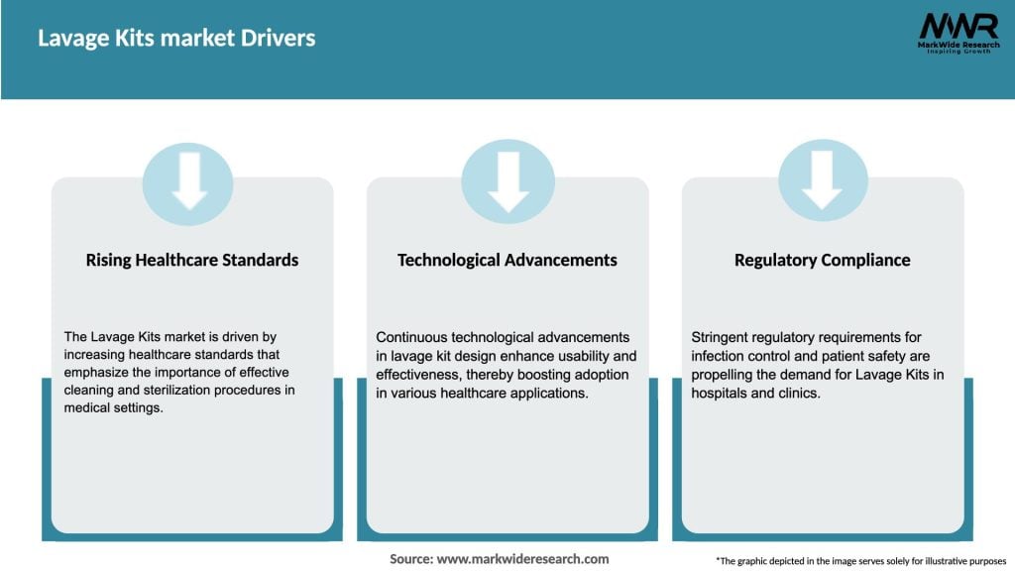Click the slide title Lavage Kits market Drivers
point(176,39)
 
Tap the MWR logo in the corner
point(959,34)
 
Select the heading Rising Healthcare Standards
point(192,261)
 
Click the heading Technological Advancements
point(507,261)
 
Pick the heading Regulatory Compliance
point(822,261)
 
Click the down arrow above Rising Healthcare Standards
point(189,181)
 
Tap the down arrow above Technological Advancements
point(508,182)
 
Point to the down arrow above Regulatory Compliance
point(822,180)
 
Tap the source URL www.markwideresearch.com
point(523,559)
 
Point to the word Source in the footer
point(411,559)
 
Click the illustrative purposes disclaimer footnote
point(861,561)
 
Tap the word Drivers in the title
point(279,39)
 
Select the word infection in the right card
point(718,356)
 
